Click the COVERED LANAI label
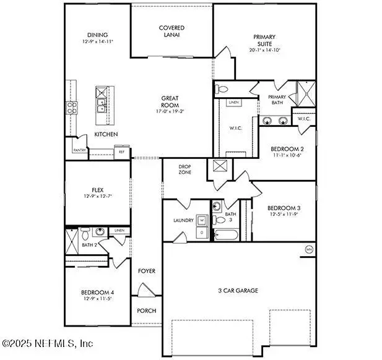pos(171,32)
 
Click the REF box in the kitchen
pos(121,151)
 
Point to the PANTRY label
pos(79,150)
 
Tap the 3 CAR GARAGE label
pos(237,290)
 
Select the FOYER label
pos(147,271)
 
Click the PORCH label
pos(147,311)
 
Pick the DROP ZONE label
pos(184,169)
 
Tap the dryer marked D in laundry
pos(202,232)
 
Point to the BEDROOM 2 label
pos(287,149)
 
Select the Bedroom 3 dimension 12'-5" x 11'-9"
pos(284,215)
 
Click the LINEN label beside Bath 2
pos(119,231)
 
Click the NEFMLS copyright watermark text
pos(48,343)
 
